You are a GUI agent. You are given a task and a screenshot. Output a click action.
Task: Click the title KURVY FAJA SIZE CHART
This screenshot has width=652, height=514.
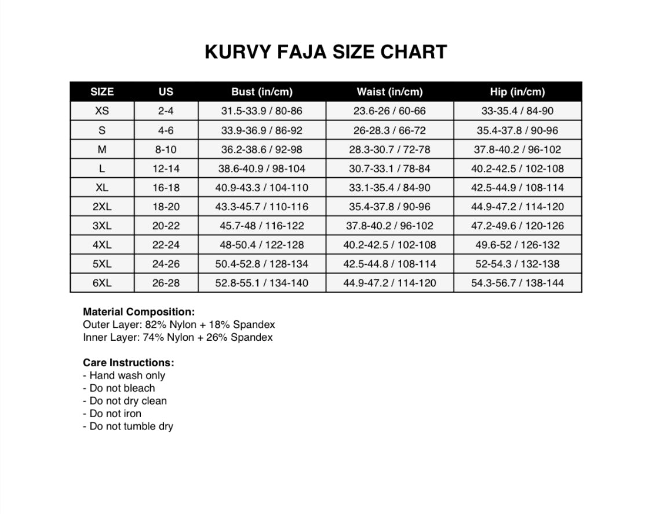click(326, 52)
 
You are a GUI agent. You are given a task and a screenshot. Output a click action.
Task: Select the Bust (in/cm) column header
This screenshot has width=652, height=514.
click(262, 92)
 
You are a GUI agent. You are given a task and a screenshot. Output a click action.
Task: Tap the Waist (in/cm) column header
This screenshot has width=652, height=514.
click(389, 92)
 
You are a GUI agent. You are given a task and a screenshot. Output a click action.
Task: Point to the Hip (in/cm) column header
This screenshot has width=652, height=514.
click(518, 92)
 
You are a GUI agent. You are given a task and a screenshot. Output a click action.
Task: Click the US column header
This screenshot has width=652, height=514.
click(166, 92)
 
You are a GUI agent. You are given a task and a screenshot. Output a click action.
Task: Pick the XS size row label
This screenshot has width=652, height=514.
click(102, 111)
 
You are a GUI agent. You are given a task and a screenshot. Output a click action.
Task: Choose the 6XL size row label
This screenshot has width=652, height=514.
click(102, 283)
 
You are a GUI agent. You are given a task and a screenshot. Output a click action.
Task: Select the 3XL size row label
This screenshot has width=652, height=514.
click(102, 225)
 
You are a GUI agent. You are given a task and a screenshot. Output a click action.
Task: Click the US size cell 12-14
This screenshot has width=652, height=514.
click(166, 169)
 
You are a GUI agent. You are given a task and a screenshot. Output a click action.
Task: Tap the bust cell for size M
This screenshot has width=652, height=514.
click(262, 150)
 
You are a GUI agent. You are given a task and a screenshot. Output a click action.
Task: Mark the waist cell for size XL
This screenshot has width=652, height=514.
click(389, 188)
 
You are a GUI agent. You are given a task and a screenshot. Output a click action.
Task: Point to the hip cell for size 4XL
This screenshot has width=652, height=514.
click(518, 245)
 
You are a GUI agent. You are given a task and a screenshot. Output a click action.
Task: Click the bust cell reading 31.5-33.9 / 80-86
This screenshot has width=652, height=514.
click(262, 111)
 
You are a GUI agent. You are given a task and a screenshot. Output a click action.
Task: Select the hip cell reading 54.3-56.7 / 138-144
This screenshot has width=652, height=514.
click(518, 283)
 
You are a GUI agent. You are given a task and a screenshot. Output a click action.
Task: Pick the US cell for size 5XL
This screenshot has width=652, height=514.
click(166, 264)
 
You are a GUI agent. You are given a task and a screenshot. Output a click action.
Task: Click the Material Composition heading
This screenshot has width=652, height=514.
click(139, 312)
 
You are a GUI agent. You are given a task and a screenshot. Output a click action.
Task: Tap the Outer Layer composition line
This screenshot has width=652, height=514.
click(179, 325)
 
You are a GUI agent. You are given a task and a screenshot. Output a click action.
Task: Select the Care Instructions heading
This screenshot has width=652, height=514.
click(129, 363)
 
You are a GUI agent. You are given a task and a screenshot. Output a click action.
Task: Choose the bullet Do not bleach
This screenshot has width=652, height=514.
click(119, 388)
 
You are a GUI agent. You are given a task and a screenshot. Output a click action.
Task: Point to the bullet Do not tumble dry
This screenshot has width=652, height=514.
click(128, 426)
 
